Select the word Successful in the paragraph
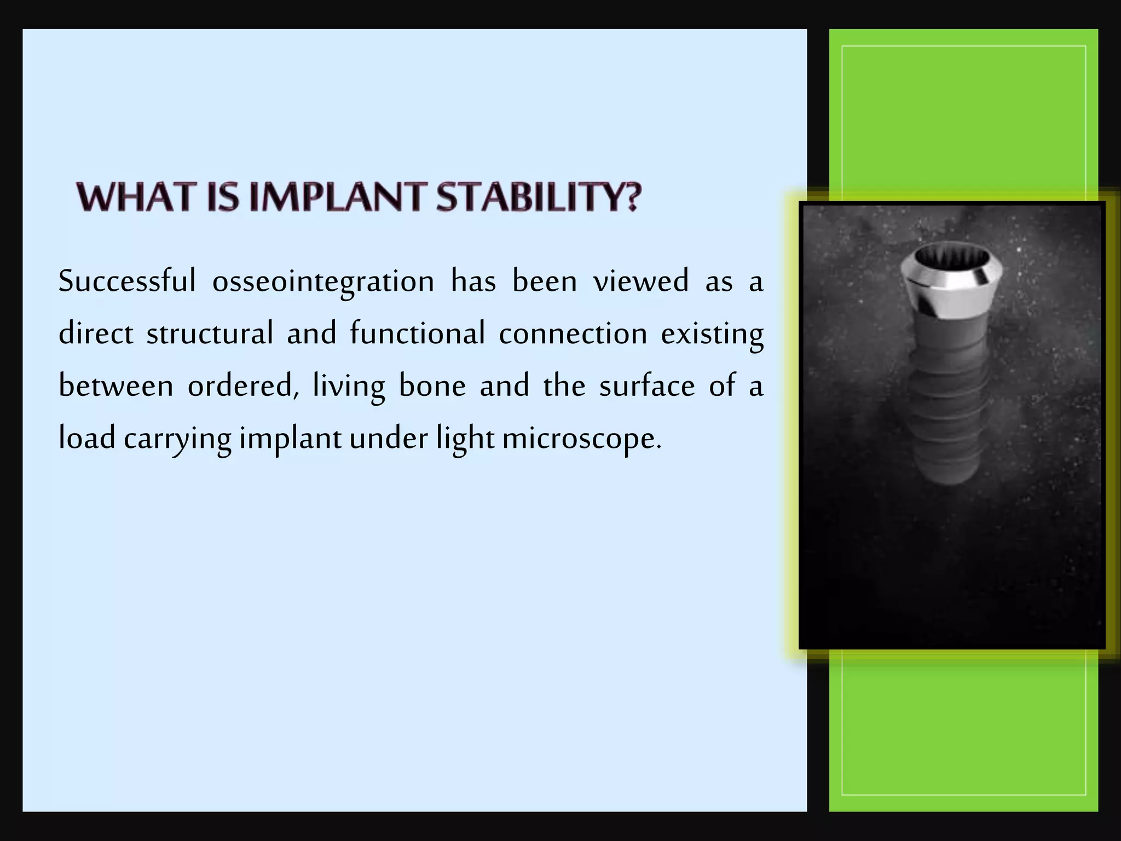point(127,281)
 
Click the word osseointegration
point(323,281)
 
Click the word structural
point(210,333)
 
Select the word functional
point(418,333)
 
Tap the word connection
point(573,333)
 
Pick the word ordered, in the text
point(243,386)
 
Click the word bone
point(432,386)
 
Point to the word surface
point(647,386)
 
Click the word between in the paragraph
point(116,386)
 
